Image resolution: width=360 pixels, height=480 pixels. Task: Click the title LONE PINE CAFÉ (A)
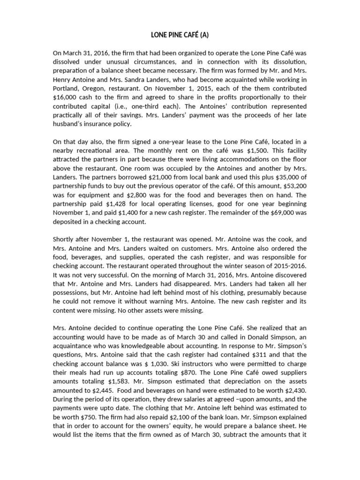180,35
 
